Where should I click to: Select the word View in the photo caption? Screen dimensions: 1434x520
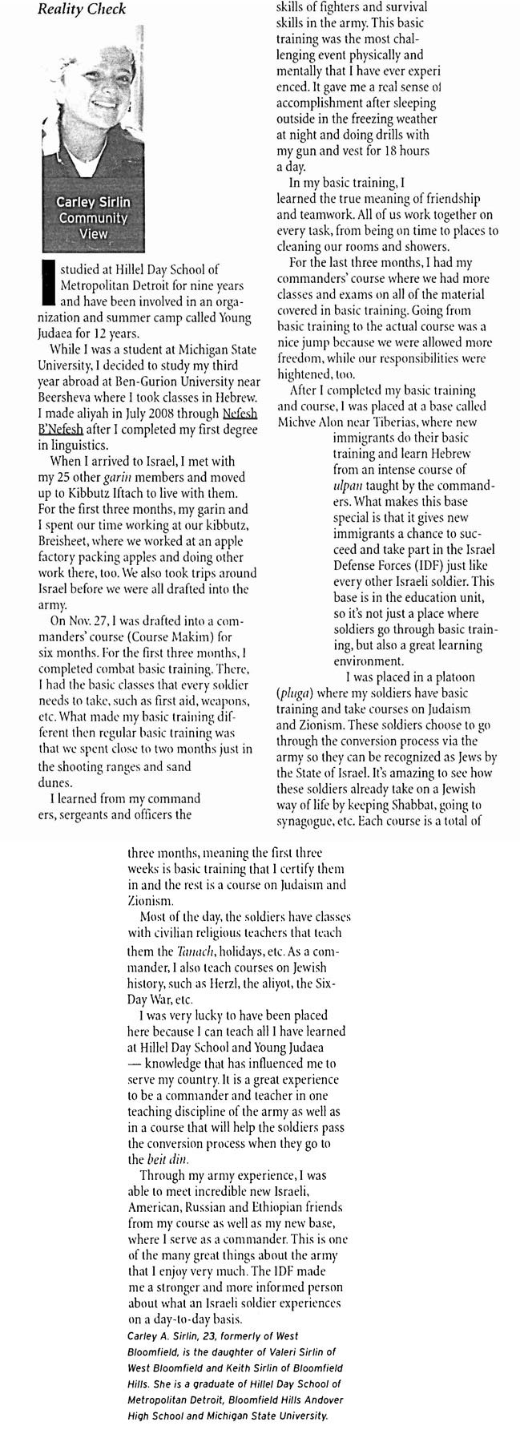(x=92, y=234)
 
